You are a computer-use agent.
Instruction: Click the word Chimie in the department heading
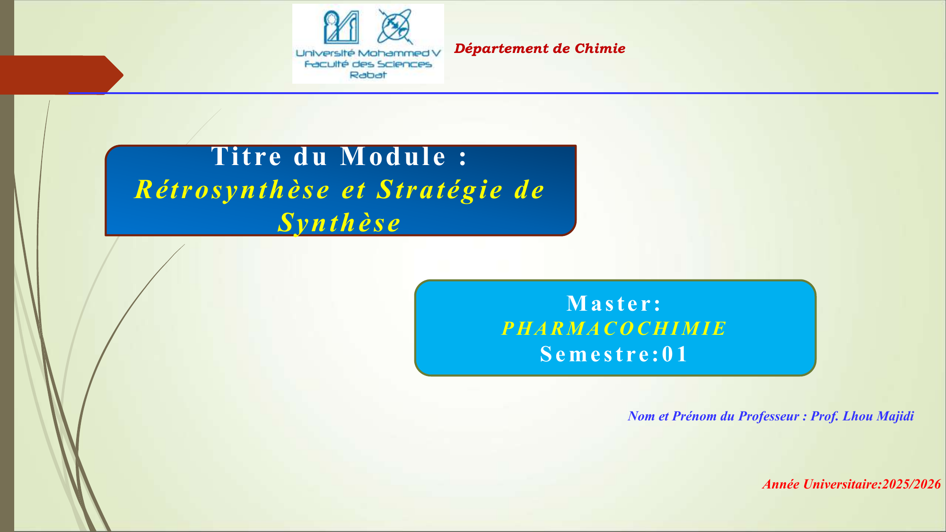point(600,48)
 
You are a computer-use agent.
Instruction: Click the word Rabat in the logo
point(368,75)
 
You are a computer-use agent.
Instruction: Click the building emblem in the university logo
point(341,26)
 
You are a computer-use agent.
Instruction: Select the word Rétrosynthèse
point(232,190)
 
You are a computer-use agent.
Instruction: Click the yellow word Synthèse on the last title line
point(339,223)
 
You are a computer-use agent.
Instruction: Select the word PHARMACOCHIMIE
point(614,328)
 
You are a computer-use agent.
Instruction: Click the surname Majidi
point(895,416)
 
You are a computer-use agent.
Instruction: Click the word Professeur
point(769,416)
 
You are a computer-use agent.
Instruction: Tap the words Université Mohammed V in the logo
point(368,53)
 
